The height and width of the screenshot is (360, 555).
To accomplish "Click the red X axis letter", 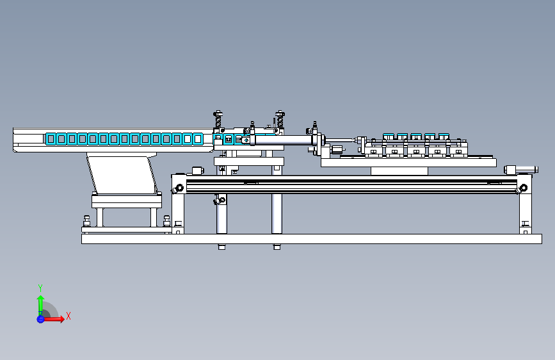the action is click(68, 316).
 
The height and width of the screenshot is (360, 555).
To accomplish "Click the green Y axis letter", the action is click(40, 288).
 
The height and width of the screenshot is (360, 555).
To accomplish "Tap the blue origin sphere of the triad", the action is click(40, 319).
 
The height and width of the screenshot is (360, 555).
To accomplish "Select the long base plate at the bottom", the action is click(312, 239).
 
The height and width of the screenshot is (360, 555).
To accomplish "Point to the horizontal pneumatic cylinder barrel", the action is click(283, 140).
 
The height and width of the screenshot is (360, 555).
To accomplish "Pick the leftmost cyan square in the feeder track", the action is click(51, 139).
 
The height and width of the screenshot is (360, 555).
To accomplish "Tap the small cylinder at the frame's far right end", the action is click(520, 170).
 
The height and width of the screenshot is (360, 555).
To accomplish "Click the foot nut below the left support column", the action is click(221, 247).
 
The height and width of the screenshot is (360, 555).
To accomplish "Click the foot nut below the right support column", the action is click(277, 247).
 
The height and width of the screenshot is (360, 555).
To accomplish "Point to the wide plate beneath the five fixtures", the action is click(408, 163).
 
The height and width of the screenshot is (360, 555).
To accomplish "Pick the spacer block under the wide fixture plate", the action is click(399, 171).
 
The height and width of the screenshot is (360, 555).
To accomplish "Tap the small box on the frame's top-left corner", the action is click(198, 171).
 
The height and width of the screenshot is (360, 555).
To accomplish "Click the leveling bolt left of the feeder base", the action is click(86, 221).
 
